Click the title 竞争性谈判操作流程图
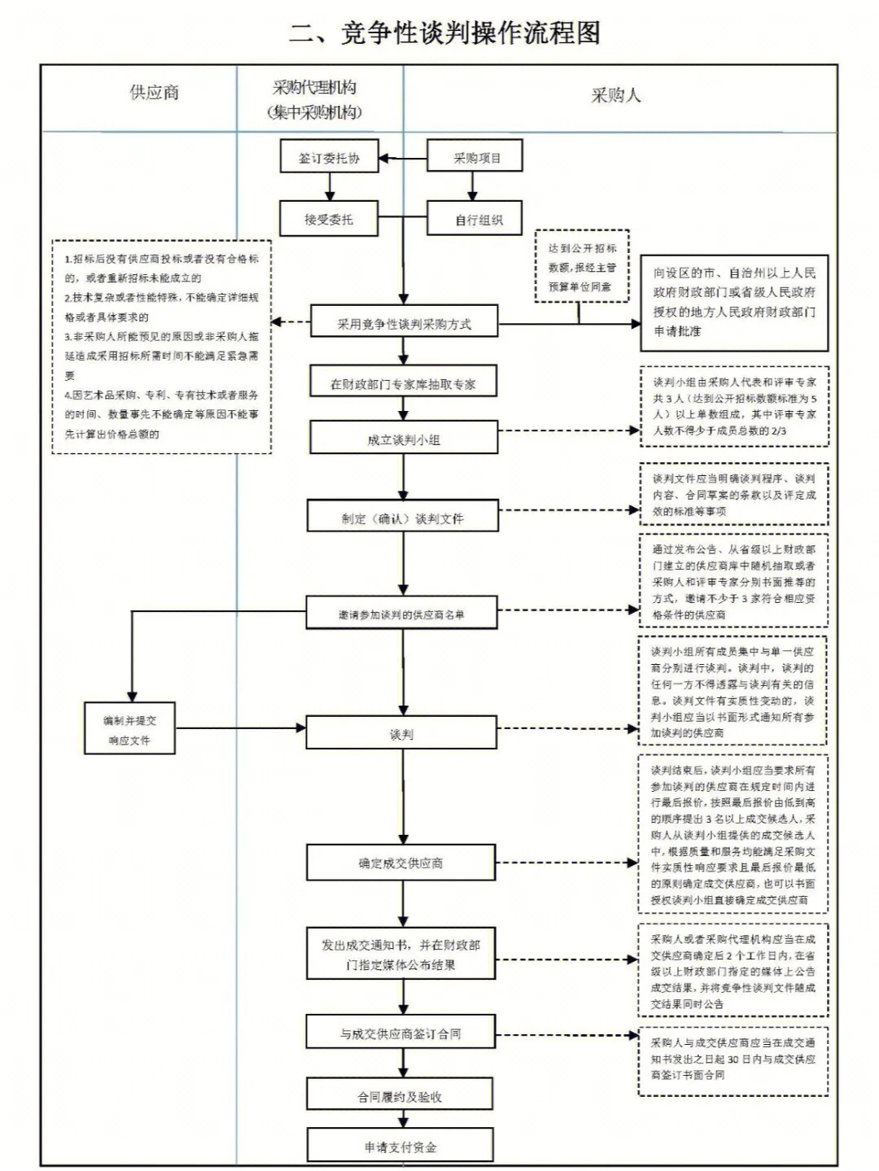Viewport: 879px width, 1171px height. (445, 33)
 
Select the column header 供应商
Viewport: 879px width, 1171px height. (154, 93)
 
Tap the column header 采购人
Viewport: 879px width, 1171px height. (615, 96)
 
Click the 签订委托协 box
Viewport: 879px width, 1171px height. (329, 158)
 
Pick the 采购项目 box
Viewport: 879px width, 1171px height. (475, 158)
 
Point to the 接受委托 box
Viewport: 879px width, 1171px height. (329, 219)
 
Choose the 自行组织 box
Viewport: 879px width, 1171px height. (475, 220)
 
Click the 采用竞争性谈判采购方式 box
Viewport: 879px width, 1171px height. (404, 324)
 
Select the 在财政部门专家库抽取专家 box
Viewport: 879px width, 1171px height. (403, 383)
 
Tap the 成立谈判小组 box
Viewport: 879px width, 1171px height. (403, 439)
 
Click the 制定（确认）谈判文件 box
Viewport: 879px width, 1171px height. (402, 518)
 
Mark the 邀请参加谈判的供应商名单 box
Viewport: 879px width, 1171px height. (402, 614)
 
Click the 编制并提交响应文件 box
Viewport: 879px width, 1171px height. (129, 730)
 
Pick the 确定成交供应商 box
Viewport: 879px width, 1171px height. (400, 863)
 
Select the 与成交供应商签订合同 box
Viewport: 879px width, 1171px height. (400, 1033)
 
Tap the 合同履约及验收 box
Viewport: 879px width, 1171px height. (400, 1096)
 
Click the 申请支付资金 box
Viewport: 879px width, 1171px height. (400, 1147)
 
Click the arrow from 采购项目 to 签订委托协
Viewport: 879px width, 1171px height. (403, 158)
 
